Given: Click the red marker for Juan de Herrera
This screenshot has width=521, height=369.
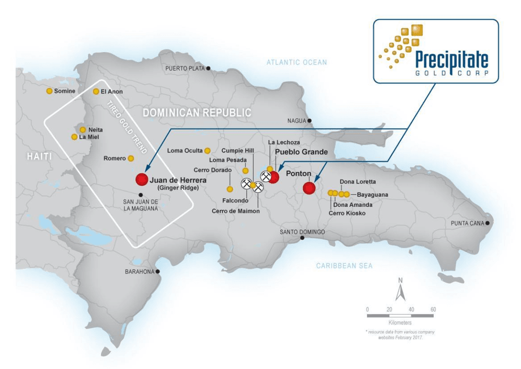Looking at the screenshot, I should click(141, 179).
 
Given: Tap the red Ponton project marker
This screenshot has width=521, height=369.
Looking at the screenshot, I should click(308, 188).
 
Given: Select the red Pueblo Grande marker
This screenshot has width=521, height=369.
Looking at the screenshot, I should click(274, 177).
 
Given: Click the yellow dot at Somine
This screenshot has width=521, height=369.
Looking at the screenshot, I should click(49, 91).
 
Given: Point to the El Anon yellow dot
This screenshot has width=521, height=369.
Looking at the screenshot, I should click(96, 91).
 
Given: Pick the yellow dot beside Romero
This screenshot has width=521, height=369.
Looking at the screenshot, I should click(131, 158).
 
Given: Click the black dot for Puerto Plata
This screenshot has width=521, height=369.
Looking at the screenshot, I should click(209, 68).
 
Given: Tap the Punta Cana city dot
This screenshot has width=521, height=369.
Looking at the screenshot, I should click(488, 223).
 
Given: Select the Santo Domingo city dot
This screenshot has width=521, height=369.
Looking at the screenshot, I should click(302, 238).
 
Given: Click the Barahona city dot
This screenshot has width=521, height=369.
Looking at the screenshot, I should click(157, 271).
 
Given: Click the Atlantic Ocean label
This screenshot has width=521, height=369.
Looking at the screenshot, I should click(297, 62).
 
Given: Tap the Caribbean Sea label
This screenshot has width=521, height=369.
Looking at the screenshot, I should click(344, 265).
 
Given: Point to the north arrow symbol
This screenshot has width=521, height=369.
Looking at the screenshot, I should click(400, 291).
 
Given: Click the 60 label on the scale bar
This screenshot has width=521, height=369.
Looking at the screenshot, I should click(433, 309).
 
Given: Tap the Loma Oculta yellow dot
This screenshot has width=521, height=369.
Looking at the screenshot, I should click(207, 150).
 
